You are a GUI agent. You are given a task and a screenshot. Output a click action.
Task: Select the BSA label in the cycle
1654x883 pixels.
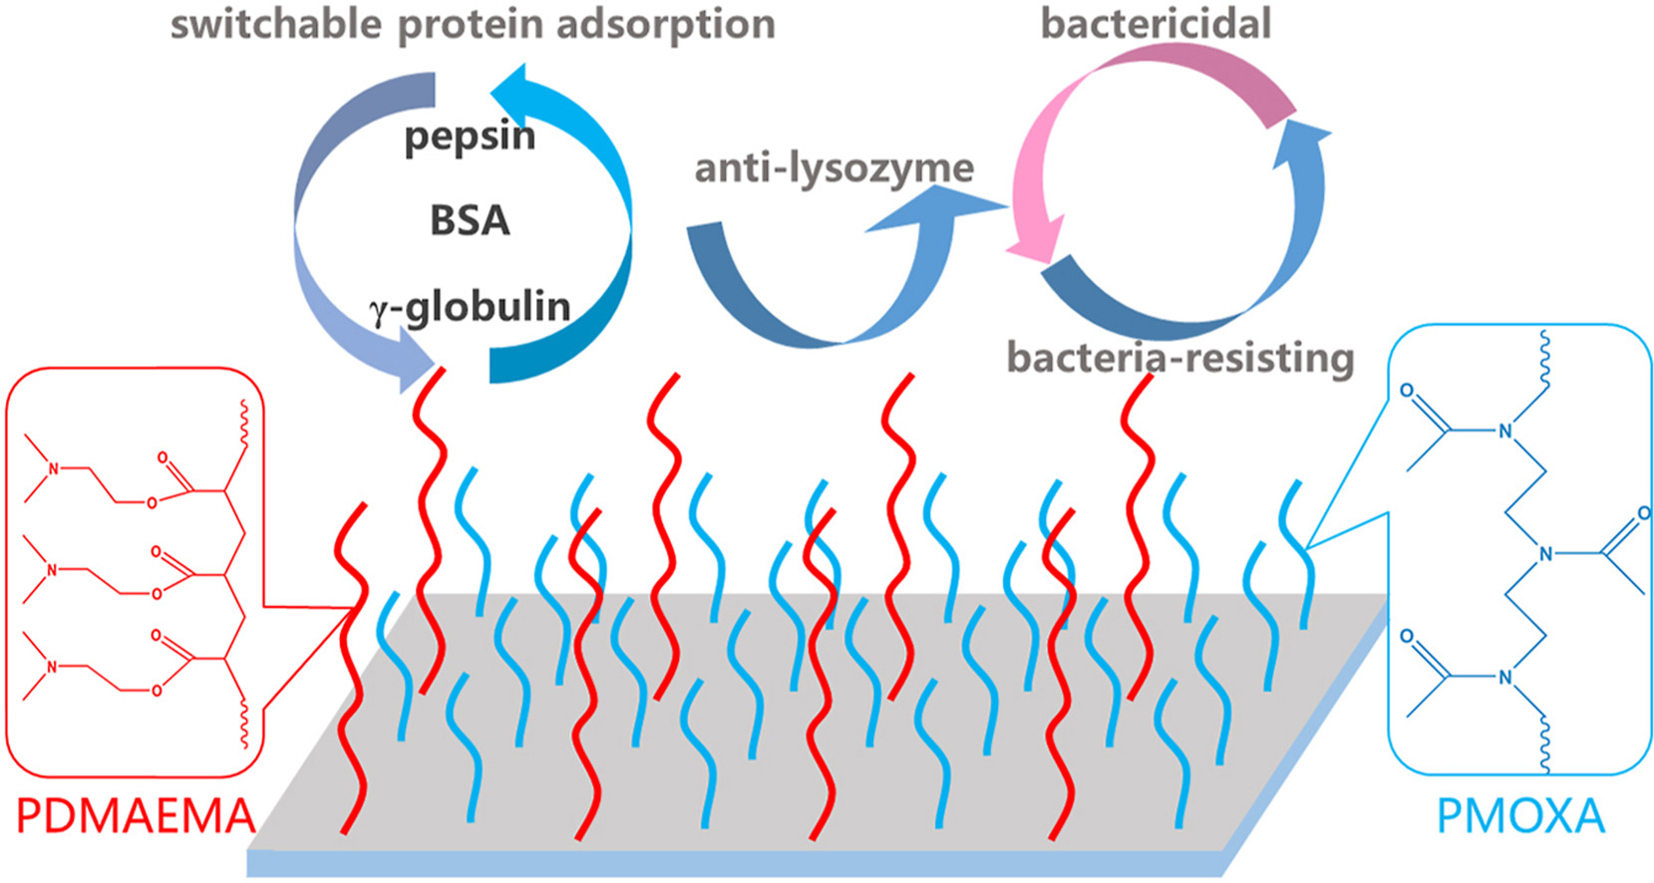(470, 220)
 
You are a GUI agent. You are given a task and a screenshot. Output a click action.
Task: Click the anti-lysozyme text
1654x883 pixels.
(833, 167)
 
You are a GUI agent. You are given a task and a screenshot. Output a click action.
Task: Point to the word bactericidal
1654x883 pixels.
(1156, 24)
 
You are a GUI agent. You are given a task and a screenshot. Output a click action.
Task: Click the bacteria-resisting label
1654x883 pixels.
(1180, 357)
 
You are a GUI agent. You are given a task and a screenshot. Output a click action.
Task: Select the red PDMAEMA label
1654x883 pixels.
(136, 817)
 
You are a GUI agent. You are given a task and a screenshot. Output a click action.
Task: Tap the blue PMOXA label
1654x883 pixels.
(1520, 817)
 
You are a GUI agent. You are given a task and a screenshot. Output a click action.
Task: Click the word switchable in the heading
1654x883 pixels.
(276, 24)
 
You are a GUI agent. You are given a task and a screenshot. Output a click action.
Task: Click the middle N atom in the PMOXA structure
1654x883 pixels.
(1545, 554)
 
